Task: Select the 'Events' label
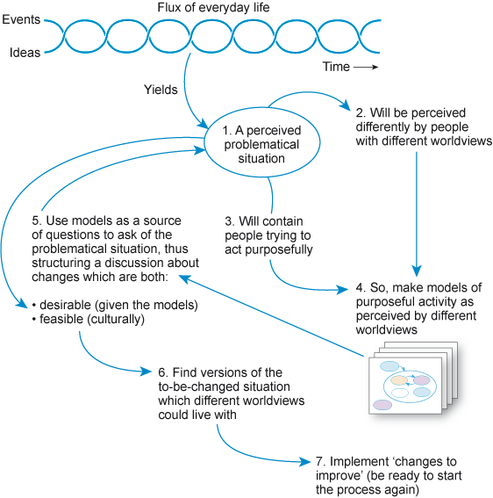(18, 19)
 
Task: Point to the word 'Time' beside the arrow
(335, 67)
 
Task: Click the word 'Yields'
(161, 89)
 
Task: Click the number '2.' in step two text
(361, 113)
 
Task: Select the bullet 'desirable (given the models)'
(113, 305)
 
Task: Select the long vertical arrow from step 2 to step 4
(417, 211)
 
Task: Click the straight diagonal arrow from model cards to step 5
(272, 316)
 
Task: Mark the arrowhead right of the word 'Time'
(374, 67)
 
